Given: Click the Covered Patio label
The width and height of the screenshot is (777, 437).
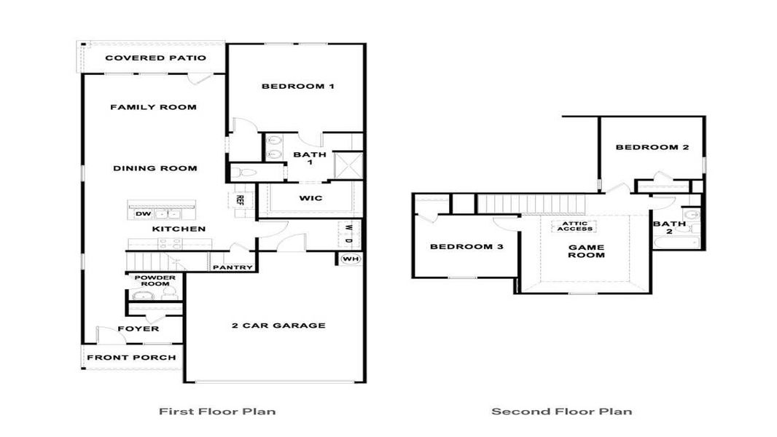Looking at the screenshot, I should [155, 58].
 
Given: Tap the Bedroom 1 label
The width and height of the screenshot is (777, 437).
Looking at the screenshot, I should [297, 87].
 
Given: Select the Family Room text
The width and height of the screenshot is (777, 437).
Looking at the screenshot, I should [153, 107].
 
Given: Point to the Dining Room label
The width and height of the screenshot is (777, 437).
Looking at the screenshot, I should [155, 168].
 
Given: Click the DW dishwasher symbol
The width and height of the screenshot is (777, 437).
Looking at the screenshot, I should [143, 214].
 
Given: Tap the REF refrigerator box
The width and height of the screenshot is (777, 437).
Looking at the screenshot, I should [239, 200].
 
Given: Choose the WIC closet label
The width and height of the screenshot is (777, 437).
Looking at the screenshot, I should [311, 198].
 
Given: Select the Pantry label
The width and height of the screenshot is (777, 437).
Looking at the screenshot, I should [233, 267].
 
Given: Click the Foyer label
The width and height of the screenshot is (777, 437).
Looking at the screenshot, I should [138, 328].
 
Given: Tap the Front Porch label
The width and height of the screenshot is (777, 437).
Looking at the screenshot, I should [131, 358].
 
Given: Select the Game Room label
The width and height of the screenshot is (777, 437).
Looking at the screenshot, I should [587, 251].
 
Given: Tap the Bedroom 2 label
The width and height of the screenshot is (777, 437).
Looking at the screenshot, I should [652, 147].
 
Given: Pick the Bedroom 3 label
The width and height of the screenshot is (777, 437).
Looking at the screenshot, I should [466, 247].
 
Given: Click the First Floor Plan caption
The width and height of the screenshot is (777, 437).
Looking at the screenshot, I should [217, 412].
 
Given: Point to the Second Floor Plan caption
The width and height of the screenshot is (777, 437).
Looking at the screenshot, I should [561, 412].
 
